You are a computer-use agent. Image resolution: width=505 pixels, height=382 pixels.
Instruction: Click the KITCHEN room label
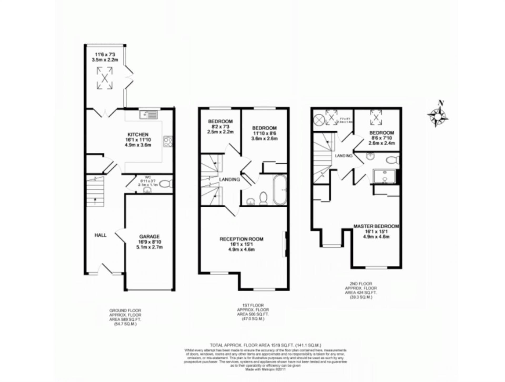coord(138,135)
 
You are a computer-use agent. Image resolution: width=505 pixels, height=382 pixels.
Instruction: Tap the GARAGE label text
coord(149,236)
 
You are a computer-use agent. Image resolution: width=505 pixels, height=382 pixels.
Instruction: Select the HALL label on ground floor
coord(100,235)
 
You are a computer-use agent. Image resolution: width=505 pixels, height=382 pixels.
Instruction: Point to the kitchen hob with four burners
coord(168,142)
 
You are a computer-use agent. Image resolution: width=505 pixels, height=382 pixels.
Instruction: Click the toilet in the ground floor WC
coord(166,184)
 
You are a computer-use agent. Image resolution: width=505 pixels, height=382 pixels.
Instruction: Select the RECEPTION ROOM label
coord(241,239)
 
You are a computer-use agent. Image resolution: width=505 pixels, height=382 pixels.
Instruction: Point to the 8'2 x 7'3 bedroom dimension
coord(220,127)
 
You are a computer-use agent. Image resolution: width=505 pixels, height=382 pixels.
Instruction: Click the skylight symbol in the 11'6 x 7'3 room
coord(105,78)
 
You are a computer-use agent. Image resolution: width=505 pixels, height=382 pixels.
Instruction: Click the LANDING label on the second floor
coord(344,156)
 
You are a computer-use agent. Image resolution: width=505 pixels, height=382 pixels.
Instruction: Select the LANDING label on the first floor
coord(229,179)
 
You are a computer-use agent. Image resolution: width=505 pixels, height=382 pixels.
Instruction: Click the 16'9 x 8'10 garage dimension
coord(149,242)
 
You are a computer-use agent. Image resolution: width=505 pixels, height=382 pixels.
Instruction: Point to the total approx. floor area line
coord(265,345)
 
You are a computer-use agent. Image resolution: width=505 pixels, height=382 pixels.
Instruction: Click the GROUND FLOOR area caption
coord(125,317)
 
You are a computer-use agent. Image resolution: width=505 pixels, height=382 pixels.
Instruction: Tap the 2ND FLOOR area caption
coord(361,290)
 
